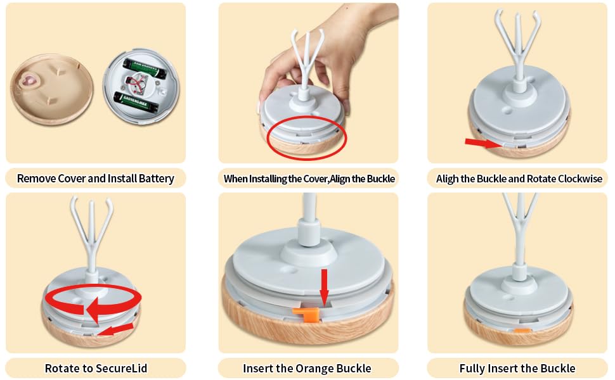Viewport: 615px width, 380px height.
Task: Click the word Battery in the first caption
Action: click(x=156, y=179)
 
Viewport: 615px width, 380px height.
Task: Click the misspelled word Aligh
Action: click(x=447, y=179)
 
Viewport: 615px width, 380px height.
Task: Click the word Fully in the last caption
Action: click(x=472, y=369)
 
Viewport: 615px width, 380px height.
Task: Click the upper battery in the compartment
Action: click(x=145, y=68)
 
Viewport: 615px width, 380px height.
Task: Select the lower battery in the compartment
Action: click(x=136, y=101)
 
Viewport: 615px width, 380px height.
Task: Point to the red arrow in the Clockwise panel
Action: click(x=483, y=143)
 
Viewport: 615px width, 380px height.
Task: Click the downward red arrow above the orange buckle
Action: click(x=324, y=287)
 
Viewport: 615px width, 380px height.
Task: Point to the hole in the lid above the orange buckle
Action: click(x=289, y=271)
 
